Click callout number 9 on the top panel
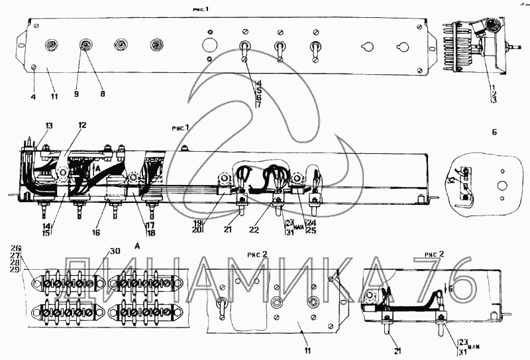pos(76,95)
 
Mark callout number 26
pos(16,249)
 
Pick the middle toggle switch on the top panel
pos(280,50)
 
